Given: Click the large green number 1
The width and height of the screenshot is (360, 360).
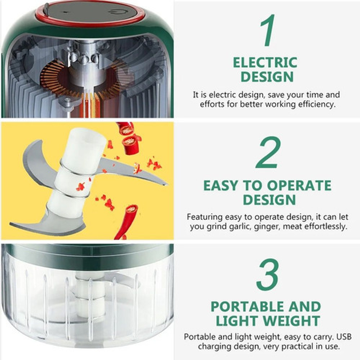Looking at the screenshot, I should pos(267,30).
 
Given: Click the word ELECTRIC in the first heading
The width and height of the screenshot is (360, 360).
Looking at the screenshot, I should pos(265,63).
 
